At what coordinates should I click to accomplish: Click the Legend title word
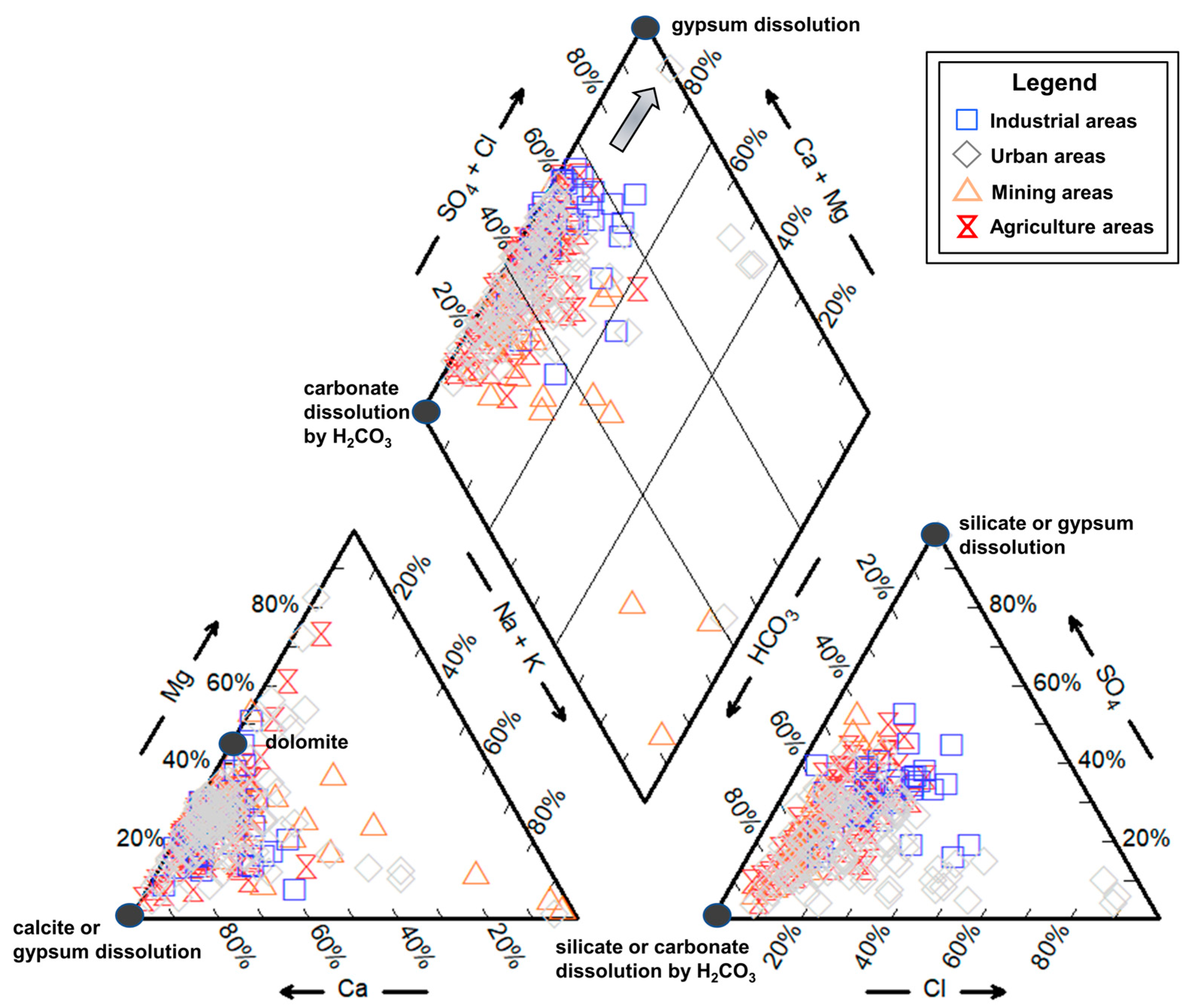1054,83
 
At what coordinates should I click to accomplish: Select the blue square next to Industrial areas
966,120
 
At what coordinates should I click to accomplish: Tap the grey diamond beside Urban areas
966,155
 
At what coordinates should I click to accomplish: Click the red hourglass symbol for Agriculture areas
967,227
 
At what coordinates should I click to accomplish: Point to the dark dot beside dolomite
233,743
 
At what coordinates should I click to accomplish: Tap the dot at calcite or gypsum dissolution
130,915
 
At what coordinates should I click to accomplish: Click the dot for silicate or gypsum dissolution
935,534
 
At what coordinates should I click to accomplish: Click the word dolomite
307,742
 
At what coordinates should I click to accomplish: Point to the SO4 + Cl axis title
467,180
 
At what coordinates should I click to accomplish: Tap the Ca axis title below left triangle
352,988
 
